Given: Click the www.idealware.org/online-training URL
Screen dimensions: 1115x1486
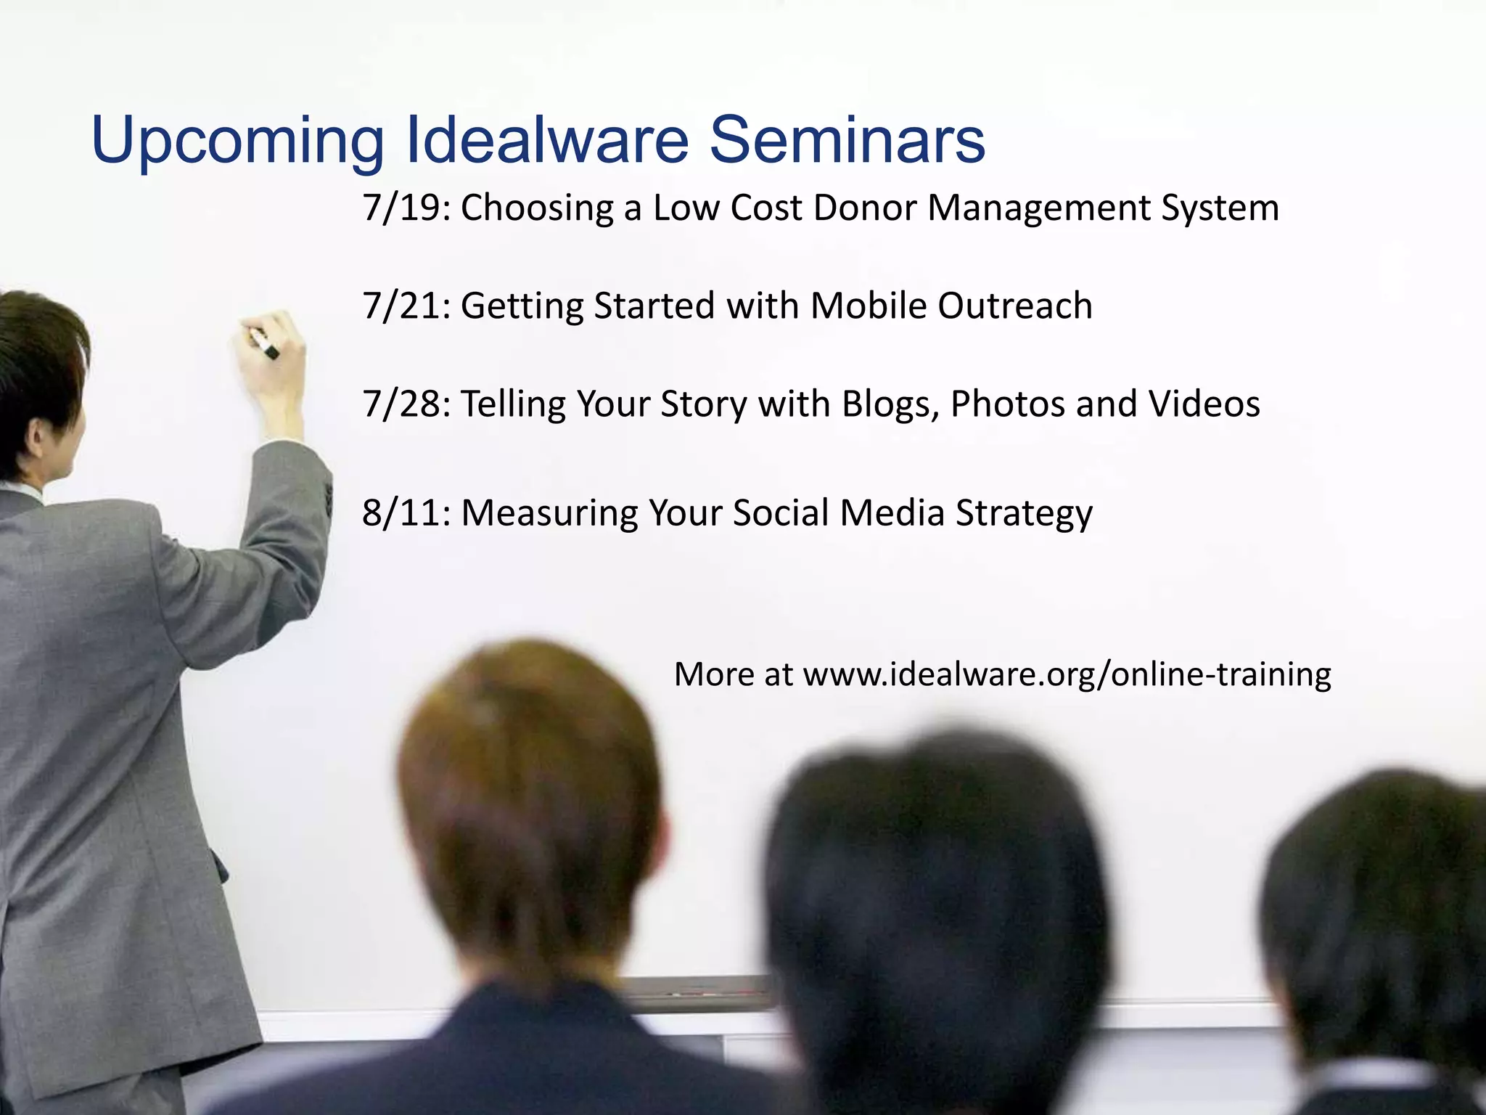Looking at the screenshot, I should (1067, 674).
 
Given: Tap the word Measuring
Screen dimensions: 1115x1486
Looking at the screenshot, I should (549, 514).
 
